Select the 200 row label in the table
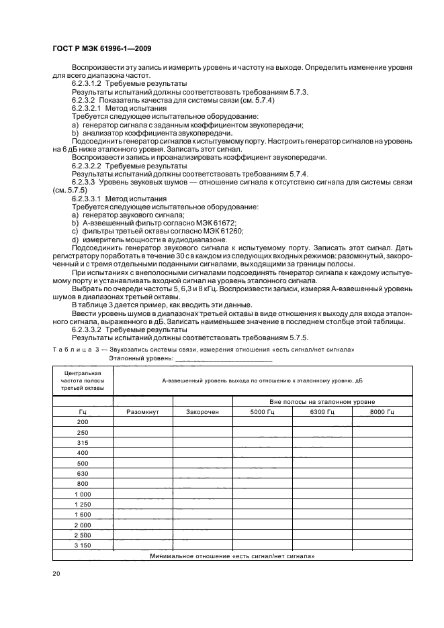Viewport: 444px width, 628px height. pyautogui.click(x=83, y=421)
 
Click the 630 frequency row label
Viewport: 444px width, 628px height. pyautogui.click(x=83, y=473)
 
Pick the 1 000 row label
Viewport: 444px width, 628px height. pyautogui.click(x=83, y=494)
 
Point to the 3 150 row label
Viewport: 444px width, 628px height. pyautogui.click(x=83, y=545)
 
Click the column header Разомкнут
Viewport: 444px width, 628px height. pyautogui.click(x=142, y=411)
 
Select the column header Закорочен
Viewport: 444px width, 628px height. pyautogui.click(x=202, y=411)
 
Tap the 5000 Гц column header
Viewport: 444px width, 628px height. pyautogui.click(x=262, y=411)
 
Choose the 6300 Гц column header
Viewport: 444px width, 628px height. pyautogui.click(x=322, y=411)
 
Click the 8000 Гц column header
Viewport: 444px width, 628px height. pyautogui.click(x=382, y=411)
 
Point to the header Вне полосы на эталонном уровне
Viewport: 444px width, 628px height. pyautogui.click(x=322, y=401)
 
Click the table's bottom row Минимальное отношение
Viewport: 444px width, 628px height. pyautogui.click(x=232, y=556)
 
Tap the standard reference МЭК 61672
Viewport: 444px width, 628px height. pyautogui.click(x=214, y=223)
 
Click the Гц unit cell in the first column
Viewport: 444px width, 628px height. pyautogui.click(x=83, y=411)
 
